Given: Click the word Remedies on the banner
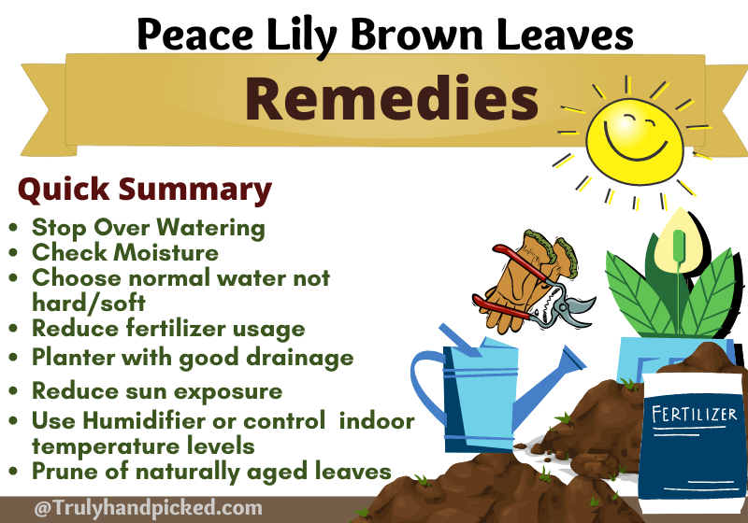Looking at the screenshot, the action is click(x=392, y=98).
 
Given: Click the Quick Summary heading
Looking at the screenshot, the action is click(x=145, y=190).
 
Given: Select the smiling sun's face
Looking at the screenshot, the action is click(x=635, y=141).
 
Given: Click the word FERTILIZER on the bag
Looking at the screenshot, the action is click(x=694, y=414).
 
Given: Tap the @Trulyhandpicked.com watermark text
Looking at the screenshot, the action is click(x=148, y=508).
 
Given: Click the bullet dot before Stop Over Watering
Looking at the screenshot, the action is click(x=13, y=227).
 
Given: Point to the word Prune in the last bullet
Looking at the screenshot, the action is click(x=65, y=471).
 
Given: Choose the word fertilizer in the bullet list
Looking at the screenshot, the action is click(x=176, y=328).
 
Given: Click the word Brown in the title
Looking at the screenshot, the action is click(x=417, y=35).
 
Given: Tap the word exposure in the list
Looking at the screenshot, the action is click(x=228, y=392).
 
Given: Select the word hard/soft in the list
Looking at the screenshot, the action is click(x=89, y=303).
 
